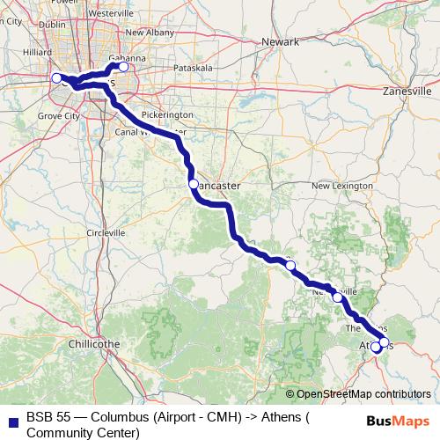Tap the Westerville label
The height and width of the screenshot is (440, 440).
110,15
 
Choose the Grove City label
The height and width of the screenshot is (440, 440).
61,115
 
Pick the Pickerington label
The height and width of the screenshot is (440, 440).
166,115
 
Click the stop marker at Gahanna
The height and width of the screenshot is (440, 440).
123,67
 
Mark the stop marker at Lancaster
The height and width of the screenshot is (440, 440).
193,185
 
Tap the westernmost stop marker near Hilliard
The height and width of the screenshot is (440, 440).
56,78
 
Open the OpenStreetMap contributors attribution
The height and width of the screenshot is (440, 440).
363,395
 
